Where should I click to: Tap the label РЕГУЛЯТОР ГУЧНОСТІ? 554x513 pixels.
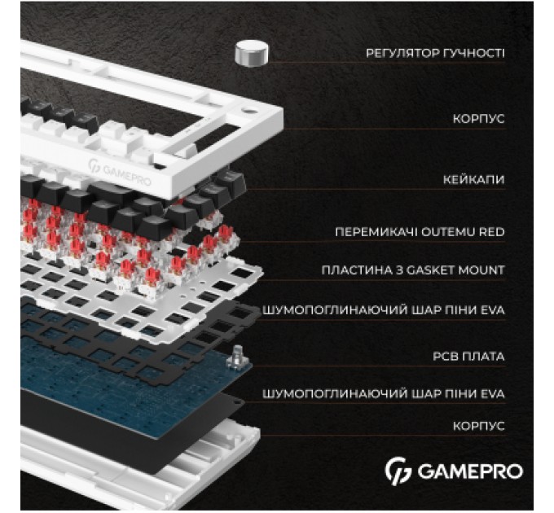pos(435,53)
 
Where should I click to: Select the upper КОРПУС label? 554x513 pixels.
pos(479,119)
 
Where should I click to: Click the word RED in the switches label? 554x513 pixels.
pos(493,232)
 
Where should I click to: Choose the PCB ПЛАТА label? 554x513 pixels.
pos(468,356)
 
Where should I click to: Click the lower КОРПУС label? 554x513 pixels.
pos(479,426)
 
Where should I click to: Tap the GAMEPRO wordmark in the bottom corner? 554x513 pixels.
pos(469,471)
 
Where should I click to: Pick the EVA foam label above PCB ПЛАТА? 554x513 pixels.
pos(384,310)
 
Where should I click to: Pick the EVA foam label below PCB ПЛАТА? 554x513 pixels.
pos(384,394)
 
